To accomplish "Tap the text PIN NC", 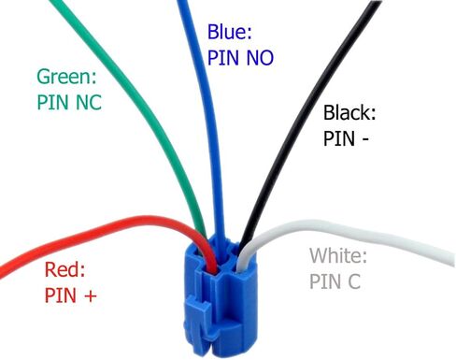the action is click(69, 102).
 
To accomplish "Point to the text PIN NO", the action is click(240, 57).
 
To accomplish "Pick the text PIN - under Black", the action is click(346, 138).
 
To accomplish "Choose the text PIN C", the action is click(335, 281).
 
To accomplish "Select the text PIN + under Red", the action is click(70, 295).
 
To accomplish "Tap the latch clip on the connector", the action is click(199, 315).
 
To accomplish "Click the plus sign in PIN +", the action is click(91, 295).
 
